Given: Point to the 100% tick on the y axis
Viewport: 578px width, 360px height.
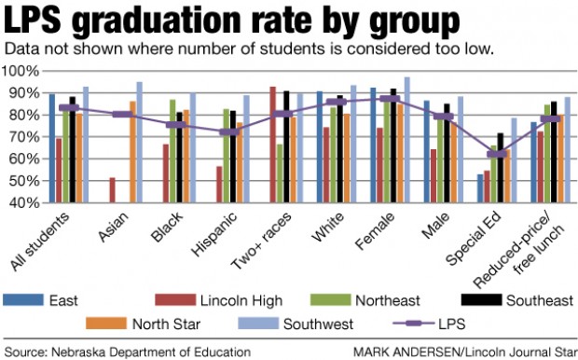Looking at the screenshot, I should coord(21,71).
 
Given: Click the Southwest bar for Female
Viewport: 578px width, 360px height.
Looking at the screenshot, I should coord(407,140).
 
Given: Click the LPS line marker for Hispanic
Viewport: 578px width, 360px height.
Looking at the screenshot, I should coord(228,132).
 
